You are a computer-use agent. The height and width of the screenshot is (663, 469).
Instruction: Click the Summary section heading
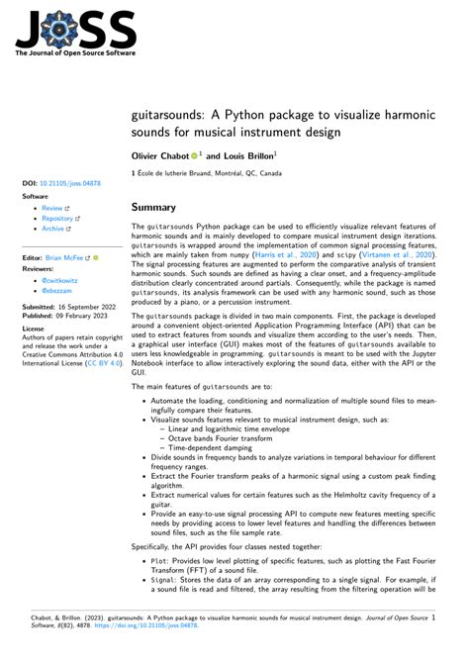click(x=154, y=208)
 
